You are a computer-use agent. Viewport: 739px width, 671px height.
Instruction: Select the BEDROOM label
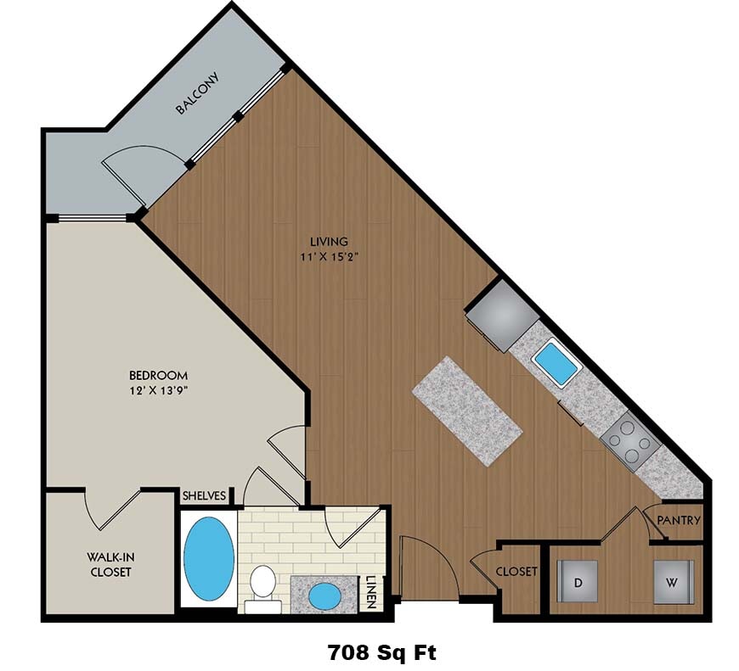tap(158, 375)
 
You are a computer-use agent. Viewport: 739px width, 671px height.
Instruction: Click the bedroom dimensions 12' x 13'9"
tap(158, 391)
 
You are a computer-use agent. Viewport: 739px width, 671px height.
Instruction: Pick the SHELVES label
tap(205, 496)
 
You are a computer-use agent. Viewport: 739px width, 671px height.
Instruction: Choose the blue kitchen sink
tap(556, 361)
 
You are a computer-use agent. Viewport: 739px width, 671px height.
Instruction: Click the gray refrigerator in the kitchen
tap(502, 314)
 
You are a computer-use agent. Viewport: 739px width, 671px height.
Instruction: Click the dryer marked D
tap(577, 583)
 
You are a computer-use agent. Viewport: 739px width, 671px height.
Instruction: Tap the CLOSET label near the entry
tap(516, 572)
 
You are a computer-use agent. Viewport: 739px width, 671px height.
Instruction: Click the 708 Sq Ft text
tap(381, 652)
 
